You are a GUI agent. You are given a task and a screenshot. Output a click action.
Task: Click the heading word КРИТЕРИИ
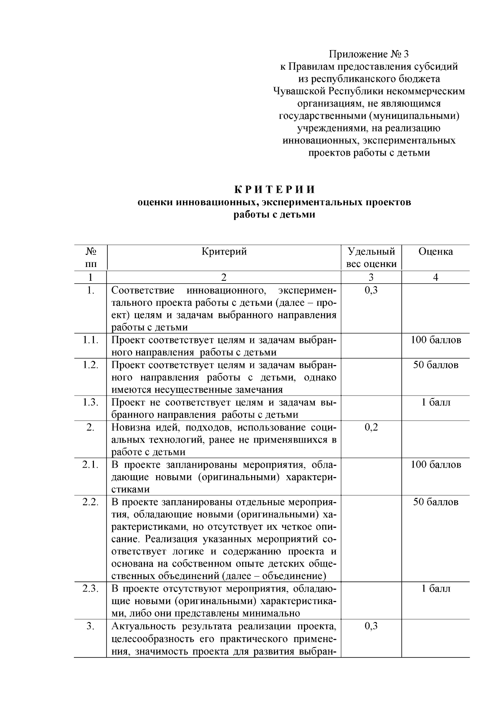click(x=274, y=189)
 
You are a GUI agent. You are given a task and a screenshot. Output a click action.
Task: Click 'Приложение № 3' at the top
click(x=369, y=54)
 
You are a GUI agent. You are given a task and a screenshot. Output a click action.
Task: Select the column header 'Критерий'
click(x=224, y=252)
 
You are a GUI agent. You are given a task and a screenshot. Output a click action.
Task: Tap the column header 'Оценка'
click(x=435, y=252)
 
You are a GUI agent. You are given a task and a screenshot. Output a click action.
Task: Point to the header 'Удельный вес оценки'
click(x=371, y=258)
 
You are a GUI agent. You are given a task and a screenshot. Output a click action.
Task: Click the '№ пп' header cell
click(x=91, y=258)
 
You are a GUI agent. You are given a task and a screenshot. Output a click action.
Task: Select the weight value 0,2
click(x=371, y=427)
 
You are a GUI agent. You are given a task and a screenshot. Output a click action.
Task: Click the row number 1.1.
click(x=91, y=340)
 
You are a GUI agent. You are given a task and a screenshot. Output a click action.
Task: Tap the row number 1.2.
click(x=91, y=365)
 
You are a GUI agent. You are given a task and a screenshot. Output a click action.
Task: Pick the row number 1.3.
click(x=91, y=403)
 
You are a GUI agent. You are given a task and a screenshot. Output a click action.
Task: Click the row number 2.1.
click(x=91, y=465)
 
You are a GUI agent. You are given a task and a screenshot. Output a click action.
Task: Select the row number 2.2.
click(x=91, y=502)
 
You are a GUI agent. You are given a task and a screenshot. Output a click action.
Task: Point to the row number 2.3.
click(x=91, y=589)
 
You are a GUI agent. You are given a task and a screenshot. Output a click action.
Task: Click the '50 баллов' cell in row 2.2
click(x=435, y=502)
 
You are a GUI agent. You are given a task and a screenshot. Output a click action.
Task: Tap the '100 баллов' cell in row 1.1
click(x=435, y=340)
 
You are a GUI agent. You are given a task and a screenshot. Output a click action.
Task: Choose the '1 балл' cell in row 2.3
click(x=435, y=589)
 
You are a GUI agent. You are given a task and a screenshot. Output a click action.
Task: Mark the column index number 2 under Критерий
click(x=224, y=277)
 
